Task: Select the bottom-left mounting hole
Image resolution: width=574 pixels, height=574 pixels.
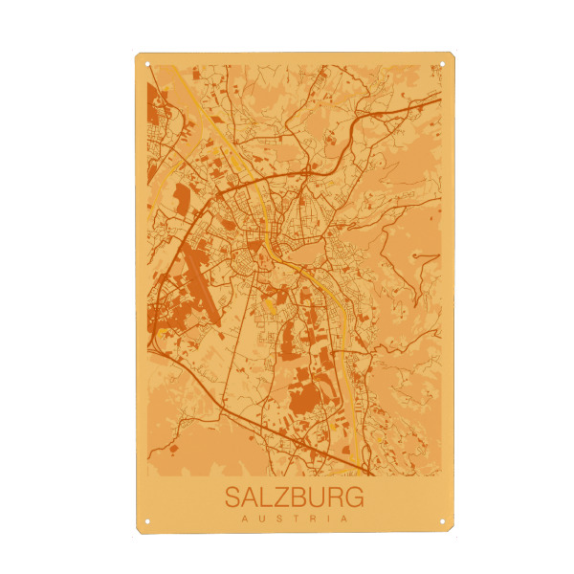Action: tap(147, 521)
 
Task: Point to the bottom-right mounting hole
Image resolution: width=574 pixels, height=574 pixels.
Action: tap(443, 521)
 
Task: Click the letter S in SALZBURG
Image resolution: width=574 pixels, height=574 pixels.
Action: tap(232, 498)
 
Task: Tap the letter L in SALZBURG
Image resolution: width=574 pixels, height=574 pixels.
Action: tap(269, 498)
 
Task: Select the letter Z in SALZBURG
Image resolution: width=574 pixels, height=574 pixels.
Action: tap(284, 498)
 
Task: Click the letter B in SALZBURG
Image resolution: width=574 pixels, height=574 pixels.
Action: tap(301, 498)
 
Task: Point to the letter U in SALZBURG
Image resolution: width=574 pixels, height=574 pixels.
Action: tap(320, 498)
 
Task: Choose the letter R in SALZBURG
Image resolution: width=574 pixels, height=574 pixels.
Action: tap(338, 498)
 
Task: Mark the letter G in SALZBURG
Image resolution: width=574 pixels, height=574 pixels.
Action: tap(356, 498)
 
